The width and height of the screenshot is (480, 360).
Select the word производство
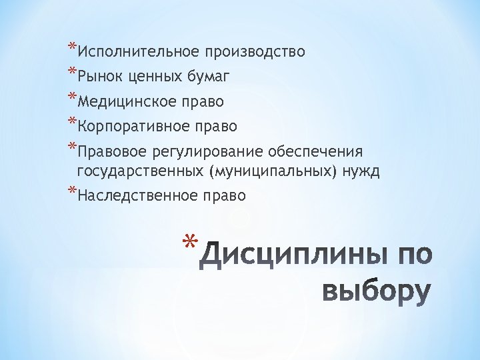pyautogui.click(x=255, y=52)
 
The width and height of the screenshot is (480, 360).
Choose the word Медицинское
pyautogui.click(x=127, y=102)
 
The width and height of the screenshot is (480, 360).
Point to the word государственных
pyautogui.click(x=141, y=171)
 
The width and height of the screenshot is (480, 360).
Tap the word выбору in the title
pyautogui.click(x=376, y=292)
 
